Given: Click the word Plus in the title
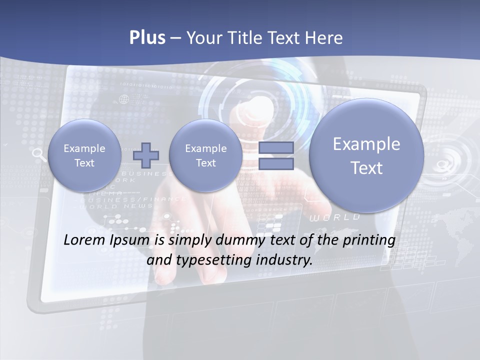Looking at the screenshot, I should tap(147, 38).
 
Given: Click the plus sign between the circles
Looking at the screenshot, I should tap(146, 155).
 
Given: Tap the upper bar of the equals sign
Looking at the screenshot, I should tap(276, 147).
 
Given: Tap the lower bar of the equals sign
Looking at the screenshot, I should tap(276, 164).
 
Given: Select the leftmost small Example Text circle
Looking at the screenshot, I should tap(84, 155).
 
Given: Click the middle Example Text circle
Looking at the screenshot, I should tap(205, 155).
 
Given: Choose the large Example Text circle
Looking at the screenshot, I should tap(366, 155).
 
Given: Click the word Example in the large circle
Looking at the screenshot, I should tap(366, 144).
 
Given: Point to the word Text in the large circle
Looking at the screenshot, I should tap(366, 168).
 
